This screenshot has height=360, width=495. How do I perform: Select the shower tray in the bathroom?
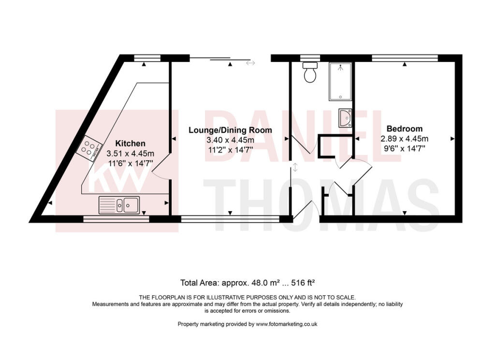tap(340, 81)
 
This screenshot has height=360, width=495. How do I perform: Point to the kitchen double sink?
tap(119, 204)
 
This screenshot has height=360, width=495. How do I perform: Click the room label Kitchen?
tap(130, 144)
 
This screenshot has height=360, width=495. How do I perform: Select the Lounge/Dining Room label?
tap(230, 130)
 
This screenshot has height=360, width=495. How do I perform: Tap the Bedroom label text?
tap(405, 129)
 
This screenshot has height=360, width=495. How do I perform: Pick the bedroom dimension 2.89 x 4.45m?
tap(405, 139)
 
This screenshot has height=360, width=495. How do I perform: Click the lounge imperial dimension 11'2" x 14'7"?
tap(230, 150)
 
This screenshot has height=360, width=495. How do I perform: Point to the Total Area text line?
tap(247, 282)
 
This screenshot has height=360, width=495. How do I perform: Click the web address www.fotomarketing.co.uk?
tap(286, 324)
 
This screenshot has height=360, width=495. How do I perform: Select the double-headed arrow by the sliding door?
tap(250, 63)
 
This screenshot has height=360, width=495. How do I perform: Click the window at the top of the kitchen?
tap(147, 58)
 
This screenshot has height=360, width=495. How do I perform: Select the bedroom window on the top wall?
tap(405, 58)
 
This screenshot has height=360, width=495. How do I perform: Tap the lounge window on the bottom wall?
tap(230, 218)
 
